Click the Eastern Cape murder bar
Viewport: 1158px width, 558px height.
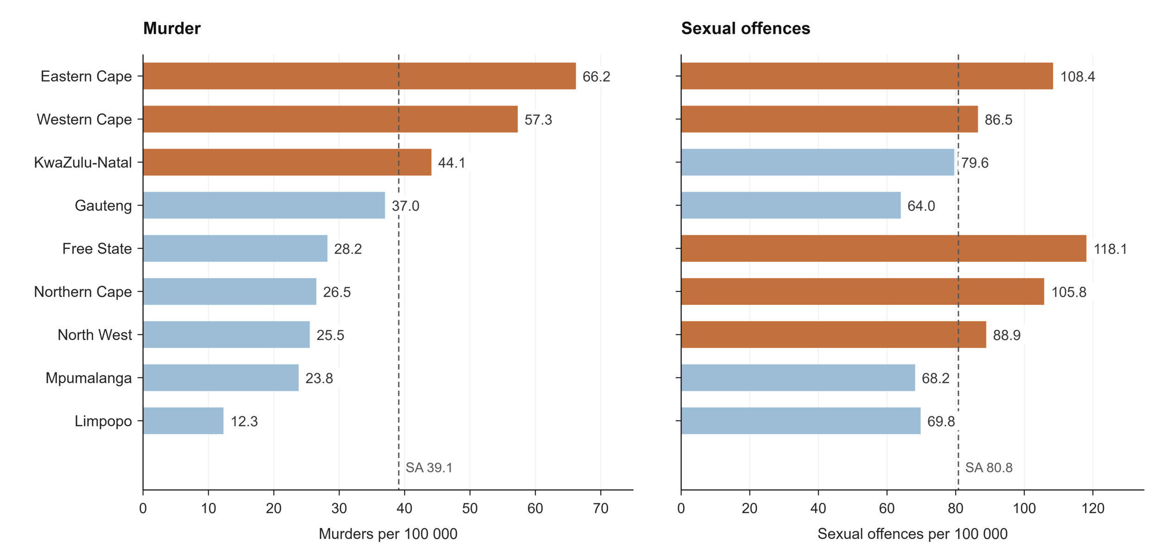(359, 76)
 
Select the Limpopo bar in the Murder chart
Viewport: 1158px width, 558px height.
(183, 421)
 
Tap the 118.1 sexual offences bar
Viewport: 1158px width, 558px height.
(883, 248)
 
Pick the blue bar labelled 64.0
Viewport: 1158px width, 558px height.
(791, 205)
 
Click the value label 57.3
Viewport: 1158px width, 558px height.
(538, 120)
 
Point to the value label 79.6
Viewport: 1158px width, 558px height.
(975, 163)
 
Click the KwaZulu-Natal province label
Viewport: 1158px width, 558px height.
(83, 162)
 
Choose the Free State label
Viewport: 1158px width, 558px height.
(97, 248)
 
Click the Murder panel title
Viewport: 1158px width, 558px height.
(172, 29)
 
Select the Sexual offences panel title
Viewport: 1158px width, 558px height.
(746, 29)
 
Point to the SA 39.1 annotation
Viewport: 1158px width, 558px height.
(429, 468)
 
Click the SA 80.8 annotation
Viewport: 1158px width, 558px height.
(989, 468)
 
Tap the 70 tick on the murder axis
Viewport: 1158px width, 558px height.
(601, 508)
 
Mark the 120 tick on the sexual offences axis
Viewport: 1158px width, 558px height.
(1093, 508)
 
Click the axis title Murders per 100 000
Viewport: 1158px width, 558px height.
(388, 534)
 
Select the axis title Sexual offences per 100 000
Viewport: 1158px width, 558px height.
(913, 534)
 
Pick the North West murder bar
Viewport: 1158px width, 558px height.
(227, 335)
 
